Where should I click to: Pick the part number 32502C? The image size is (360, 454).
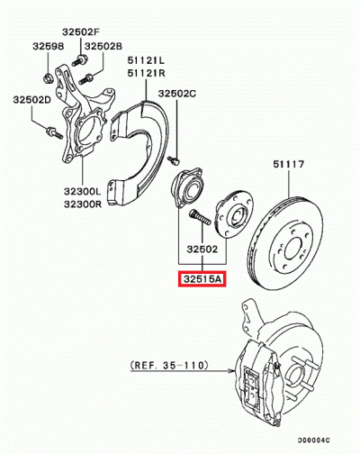[177, 93]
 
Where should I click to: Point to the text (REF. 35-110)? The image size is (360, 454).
[170, 365]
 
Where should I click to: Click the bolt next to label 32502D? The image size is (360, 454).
[54, 133]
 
